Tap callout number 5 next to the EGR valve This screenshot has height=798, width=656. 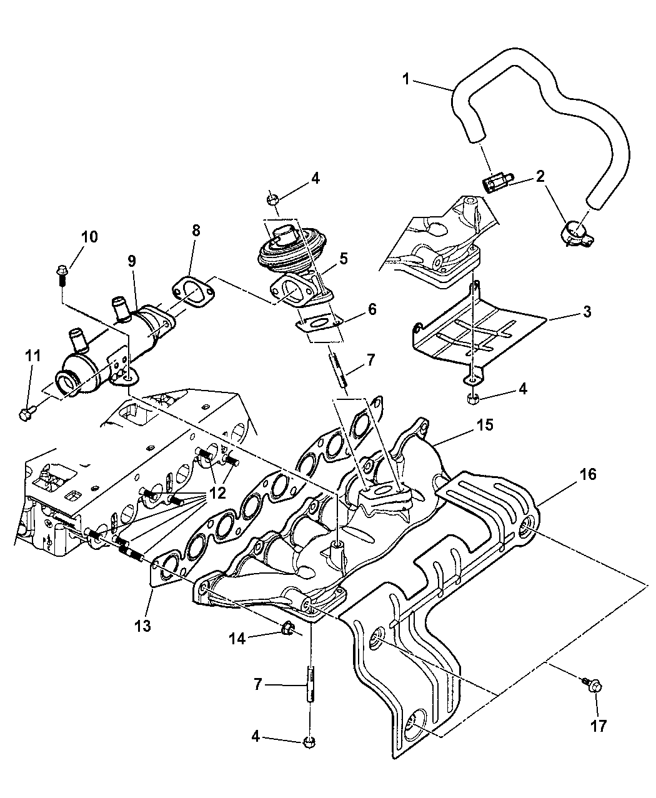(x=343, y=258)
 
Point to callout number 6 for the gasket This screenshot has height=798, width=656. (x=372, y=309)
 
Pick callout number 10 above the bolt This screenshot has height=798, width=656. (x=89, y=237)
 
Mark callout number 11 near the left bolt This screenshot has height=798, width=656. (x=32, y=356)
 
